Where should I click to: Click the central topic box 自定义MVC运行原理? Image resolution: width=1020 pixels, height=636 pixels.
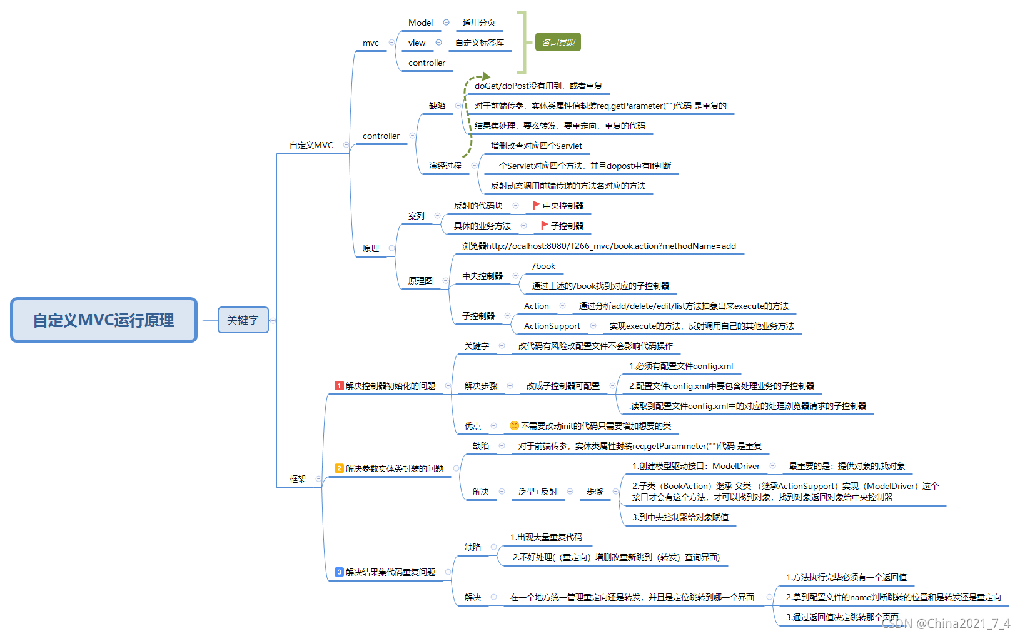[x=104, y=320]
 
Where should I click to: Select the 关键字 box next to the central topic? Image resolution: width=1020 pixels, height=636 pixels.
[x=243, y=320]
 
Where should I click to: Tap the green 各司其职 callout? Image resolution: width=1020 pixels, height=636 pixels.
[x=558, y=43]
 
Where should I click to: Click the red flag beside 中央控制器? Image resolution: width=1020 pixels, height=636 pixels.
[x=536, y=205]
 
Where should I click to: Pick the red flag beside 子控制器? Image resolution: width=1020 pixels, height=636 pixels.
[x=544, y=225]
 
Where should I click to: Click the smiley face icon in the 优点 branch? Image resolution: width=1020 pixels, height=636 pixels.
[x=514, y=426]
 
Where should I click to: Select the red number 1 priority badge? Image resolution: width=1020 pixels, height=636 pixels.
[x=339, y=386]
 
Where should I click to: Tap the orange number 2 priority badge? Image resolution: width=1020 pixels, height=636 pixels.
[x=339, y=468]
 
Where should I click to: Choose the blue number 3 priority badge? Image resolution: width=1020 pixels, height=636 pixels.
[x=339, y=572]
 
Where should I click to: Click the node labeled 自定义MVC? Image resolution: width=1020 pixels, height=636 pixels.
[x=311, y=145]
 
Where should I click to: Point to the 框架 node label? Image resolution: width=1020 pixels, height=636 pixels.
[x=298, y=479]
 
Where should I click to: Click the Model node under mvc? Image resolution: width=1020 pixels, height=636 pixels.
[x=420, y=23]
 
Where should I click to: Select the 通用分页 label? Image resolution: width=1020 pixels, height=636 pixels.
[x=478, y=23]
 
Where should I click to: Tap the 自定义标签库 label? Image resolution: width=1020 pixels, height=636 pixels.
[x=479, y=43]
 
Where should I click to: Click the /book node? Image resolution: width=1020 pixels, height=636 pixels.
[x=543, y=266]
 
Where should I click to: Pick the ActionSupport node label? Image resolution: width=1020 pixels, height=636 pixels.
[x=552, y=326]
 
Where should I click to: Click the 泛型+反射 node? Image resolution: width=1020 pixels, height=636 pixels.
[x=537, y=492]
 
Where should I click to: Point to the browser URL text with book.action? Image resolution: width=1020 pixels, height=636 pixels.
[x=598, y=246]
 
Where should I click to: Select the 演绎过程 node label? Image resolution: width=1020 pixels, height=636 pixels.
[x=445, y=166]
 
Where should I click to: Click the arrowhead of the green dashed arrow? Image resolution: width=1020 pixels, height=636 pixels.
[x=486, y=77]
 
